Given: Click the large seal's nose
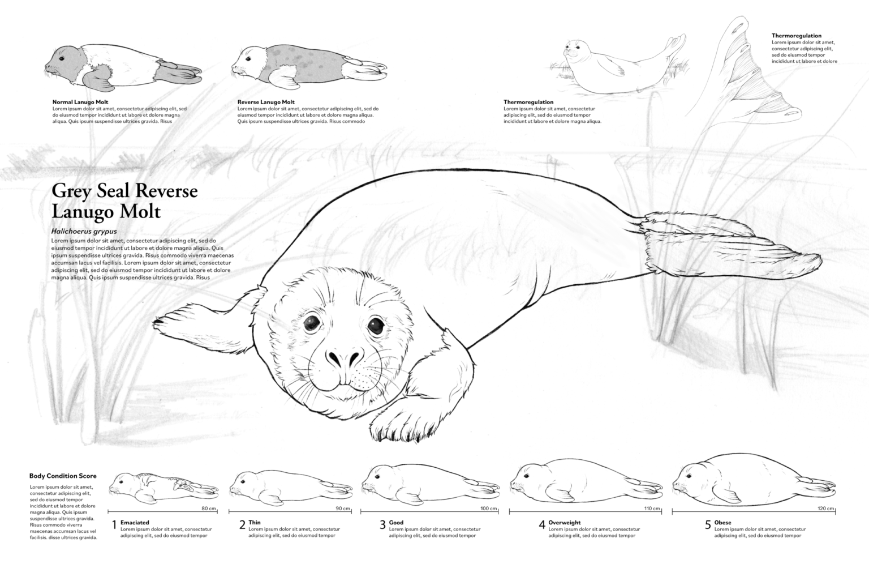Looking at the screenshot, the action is pos(344,358).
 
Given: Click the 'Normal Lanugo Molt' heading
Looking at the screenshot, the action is pos(80,102).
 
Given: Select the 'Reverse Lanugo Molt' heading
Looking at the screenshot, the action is pos(266,102).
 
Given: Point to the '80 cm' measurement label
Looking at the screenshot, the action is pos(209,509).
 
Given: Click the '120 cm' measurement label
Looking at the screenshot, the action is pos(826,509).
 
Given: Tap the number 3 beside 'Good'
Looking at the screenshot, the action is pos(382,525).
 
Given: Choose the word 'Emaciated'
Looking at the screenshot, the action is pos(135,523).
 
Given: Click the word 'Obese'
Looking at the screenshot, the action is pos(722,523).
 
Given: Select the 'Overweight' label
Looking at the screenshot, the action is pos(565,523).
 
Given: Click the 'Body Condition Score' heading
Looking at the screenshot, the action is pos(63,476).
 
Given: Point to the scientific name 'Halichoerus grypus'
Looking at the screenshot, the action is pos(84,232).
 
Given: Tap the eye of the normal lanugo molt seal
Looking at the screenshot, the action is pos(62,59).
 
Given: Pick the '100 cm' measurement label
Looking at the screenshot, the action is pos(489,509).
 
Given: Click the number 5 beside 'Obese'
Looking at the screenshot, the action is pos(708,525).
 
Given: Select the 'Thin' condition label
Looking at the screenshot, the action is pos(255,523).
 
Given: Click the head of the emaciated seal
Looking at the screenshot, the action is pos(122,484).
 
